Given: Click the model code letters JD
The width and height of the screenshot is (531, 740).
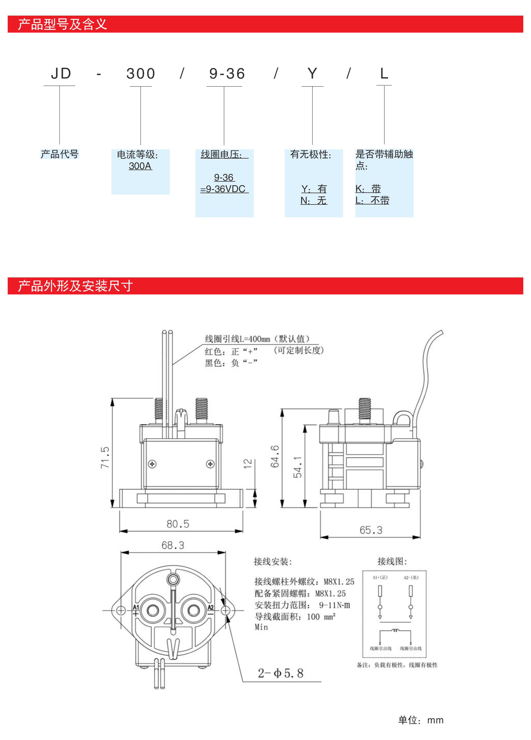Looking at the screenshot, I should (61, 74).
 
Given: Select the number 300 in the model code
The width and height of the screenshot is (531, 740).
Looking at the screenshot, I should (141, 74).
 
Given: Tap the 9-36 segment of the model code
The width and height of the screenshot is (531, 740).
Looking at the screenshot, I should (227, 74).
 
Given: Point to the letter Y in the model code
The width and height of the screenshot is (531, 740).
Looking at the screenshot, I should (312, 74).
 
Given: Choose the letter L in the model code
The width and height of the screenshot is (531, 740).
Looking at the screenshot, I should (384, 74).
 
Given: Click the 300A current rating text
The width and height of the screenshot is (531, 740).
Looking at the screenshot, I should (140, 166).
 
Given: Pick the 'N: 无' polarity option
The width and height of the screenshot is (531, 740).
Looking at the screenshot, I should (314, 200).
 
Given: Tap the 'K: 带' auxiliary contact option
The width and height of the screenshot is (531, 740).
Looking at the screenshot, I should (368, 189).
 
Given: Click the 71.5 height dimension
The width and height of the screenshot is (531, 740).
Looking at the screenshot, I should (105, 457).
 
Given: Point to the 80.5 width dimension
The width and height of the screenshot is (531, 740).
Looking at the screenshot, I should (178, 524).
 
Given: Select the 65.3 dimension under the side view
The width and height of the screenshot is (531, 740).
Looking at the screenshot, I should (371, 530).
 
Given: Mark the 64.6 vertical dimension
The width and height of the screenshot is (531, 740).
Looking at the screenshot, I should (275, 456).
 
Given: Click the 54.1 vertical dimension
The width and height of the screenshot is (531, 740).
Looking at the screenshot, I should (298, 467).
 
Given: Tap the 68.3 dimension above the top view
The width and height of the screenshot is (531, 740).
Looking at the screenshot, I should (173, 545).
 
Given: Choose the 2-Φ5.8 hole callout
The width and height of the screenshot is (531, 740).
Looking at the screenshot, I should (281, 673).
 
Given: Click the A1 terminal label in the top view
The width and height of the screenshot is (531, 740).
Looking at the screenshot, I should (136, 607).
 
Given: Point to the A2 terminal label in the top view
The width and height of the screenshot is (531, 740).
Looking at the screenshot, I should (211, 607).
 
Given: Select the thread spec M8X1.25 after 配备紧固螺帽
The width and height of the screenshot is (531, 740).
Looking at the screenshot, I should (330, 593).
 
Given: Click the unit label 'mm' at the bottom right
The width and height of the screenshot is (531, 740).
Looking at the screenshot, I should (435, 720).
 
